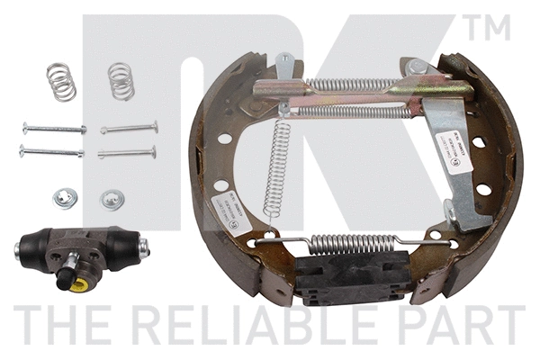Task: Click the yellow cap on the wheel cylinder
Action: (77, 284)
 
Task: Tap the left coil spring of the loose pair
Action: (61, 81)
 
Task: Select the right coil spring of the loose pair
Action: (121, 81)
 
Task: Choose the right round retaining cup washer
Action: (111, 198)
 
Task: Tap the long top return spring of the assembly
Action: (355, 86)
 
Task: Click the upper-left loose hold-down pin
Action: (53, 129)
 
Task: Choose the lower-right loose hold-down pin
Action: (127, 151)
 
